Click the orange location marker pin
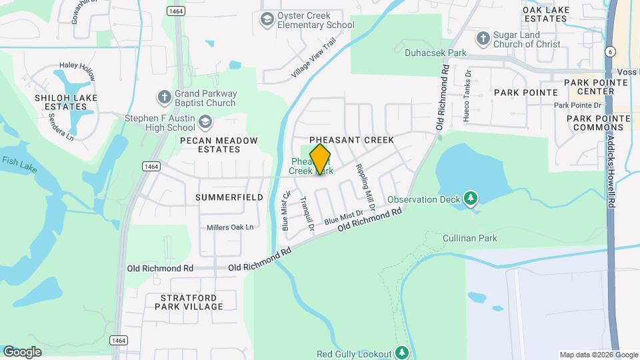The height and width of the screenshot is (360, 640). [x=320, y=159]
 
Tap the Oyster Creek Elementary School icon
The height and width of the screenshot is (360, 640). [x=267, y=19]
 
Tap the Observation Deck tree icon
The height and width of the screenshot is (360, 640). [x=471, y=198]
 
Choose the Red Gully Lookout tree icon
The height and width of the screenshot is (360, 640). [x=401, y=351]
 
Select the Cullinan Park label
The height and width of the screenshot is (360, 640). [x=469, y=238]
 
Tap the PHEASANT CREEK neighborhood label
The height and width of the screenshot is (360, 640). [x=351, y=140]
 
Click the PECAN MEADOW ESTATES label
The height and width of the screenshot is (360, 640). [x=209, y=145]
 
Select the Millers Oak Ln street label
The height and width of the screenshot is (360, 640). [x=230, y=227]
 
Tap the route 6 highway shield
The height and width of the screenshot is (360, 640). [x=611, y=51]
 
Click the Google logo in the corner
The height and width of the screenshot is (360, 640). [x=22, y=351]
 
